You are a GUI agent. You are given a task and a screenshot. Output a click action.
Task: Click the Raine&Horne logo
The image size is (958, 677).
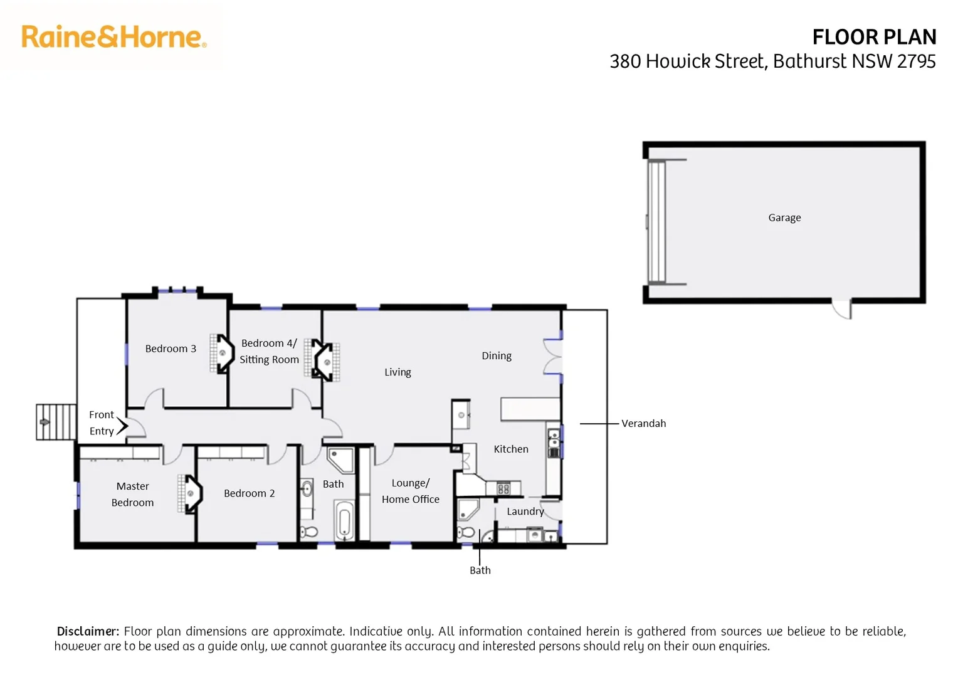[x=113, y=37]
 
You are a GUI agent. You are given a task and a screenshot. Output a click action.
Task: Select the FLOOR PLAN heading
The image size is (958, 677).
[x=873, y=38]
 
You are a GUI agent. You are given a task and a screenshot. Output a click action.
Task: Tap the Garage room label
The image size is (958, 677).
[x=784, y=218]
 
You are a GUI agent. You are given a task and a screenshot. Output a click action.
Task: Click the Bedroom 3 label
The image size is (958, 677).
[x=171, y=349]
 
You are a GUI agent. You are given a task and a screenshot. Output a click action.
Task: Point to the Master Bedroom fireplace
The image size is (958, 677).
[x=190, y=493]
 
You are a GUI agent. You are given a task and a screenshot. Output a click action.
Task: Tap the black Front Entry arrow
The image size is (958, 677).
[x=122, y=426]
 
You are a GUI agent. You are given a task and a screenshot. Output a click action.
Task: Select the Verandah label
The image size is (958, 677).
[x=643, y=423]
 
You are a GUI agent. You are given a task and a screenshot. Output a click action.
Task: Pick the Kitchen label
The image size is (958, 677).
[x=510, y=449]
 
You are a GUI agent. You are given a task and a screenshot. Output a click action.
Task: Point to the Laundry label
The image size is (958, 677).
[x=525, y=511]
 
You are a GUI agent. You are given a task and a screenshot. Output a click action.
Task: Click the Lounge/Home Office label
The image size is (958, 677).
[x=410, y=491]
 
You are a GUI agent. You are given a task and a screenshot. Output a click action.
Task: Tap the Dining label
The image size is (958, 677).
[x=497, y=355]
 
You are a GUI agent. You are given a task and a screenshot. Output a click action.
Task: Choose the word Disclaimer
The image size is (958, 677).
[x=88, y=631]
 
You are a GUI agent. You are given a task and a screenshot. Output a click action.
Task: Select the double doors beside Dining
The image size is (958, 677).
[x=552, y=356]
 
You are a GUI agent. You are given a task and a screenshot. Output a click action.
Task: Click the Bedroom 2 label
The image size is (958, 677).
[x=249, y=493]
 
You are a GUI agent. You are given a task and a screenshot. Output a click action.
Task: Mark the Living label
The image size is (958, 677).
[x=397, y=372]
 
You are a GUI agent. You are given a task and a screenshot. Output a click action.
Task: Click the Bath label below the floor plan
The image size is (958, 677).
[x=480, y=570]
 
